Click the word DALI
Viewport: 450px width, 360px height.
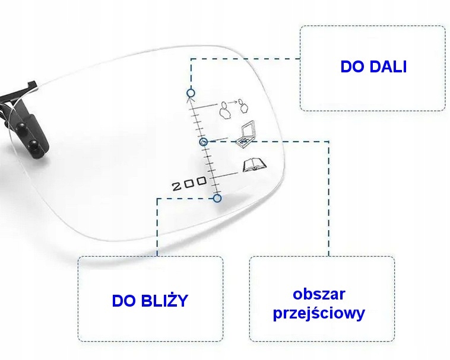point(388,66)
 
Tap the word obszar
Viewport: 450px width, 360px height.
point(319,294)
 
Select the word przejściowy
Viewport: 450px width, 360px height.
point(319,313)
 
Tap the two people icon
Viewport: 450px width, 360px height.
point(232,108)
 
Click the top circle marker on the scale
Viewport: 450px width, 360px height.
point(191,93)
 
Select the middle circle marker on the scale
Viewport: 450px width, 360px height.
point(204,142)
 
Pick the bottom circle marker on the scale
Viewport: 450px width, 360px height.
point(217,198)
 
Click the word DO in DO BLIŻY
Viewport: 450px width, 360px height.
point(123,301)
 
